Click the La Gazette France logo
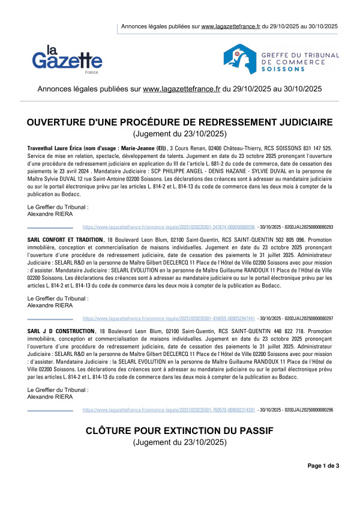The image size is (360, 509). click(67, 59)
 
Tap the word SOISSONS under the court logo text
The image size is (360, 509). click(282, 69)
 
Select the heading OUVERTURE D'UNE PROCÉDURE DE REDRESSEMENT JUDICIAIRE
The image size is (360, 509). click(179, 122)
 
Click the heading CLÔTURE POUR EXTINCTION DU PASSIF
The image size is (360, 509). click(179, 430)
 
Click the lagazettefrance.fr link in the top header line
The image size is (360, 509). click(231, 26)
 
